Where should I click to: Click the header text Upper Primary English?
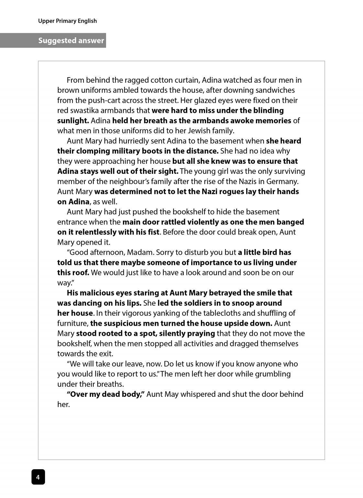point(67,21)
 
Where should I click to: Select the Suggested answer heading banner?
point(71,41)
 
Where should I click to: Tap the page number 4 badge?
point(38,477)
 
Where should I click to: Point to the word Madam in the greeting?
point(140,252)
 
